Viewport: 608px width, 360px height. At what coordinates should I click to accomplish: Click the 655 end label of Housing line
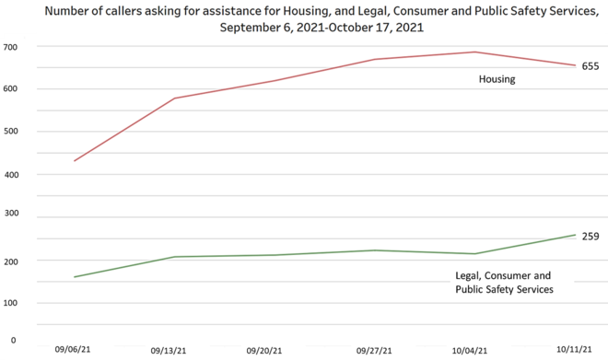[x=590, y=66]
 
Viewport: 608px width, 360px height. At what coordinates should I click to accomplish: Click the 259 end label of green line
[x=590, y=236]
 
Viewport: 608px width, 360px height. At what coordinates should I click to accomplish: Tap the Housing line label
[x=497, y=79]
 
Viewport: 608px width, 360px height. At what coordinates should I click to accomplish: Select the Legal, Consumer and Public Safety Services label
[x=503, y=283]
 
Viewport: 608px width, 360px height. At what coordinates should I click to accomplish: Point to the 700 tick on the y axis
[x=13, y=46]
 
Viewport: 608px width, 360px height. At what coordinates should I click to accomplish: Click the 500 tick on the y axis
[x=13, y=132]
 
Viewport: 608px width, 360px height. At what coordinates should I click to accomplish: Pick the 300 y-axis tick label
[x=13, y=218]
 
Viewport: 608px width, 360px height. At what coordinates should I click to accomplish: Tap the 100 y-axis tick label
[x=13, y=303]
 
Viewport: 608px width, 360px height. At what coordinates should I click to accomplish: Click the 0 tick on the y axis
[x=14, y=340]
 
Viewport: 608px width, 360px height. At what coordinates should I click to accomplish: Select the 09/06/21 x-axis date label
[x=73, y=350]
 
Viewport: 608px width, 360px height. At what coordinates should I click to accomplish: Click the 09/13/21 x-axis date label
[x=169, y=351]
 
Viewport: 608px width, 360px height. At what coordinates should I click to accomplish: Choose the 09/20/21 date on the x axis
[x=265, y=351]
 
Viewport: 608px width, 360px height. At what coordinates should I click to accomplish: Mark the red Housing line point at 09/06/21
[x=74, y=161]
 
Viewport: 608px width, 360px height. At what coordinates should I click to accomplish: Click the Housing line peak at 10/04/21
[x=474, y=52]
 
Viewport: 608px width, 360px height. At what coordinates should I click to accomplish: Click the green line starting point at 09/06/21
[x=74, y=277]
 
